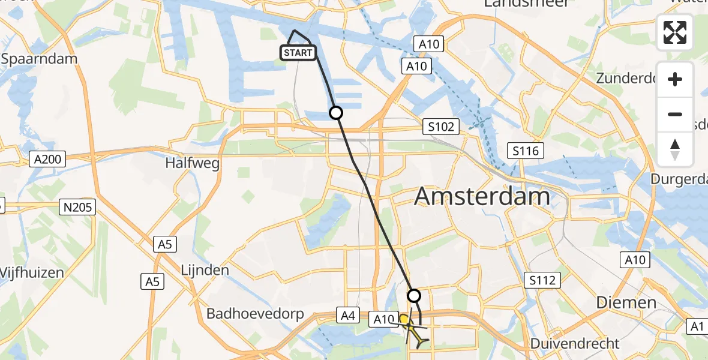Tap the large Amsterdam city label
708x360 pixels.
pyautogui.click(x=482, y=196)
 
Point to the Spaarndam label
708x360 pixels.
pyautogui.click(x=40, y=59)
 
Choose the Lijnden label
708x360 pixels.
pyautogui.click(x=205, y=270)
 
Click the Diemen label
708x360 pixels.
pyautogui.click(x=626, y=302)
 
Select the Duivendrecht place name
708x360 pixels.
pyautogui.click(x=575, y=344)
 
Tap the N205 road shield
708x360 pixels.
pyautogui.click(x=79, y=207)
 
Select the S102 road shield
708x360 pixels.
pyautogui.click(x=441, y=127)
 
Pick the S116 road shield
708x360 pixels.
pyautogui.click(x=525, y=151)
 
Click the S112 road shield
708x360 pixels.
pyautogui.click(x=542, y=280)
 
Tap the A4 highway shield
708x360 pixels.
pyautogui.click(x=348, y=315)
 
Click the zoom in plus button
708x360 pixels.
pyautogui.click(x=675, y=79)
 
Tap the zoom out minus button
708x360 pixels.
pyautogui.click(x=675, y=114)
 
